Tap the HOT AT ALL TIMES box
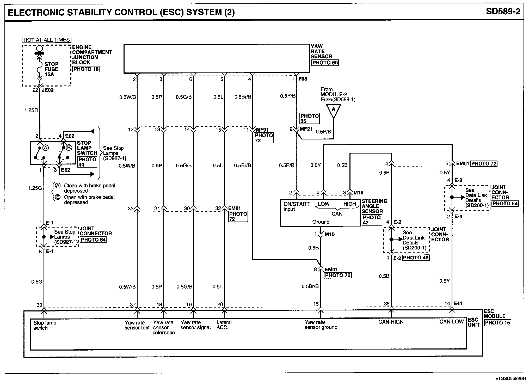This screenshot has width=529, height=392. [47, 40]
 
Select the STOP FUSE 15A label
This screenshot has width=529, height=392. [51, 69]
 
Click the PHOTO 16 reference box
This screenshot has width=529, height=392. [86, 69]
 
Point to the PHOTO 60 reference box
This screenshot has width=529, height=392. [325, 63]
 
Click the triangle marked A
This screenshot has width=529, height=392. [333, 110]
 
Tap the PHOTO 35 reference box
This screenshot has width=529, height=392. [309, 119]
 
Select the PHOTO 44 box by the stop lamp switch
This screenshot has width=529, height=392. [87, 162]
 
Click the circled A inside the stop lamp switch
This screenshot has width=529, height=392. [46, 148]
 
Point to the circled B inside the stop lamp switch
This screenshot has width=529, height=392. [69, 148]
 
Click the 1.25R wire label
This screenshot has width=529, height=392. [31, 110]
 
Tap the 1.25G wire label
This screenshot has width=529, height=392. [35, 188]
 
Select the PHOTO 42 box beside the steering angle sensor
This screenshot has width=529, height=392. [372, 220]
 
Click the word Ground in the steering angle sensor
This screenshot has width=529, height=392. [321, 222]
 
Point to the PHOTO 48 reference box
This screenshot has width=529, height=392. [416, 258]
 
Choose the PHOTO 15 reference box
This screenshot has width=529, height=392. [497, 323]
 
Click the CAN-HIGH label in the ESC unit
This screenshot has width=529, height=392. [391, 322]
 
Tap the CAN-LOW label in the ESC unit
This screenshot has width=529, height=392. [451, 322]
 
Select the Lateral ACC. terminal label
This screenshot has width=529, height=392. [224, 325]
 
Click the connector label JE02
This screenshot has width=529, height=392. [48, 90]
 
